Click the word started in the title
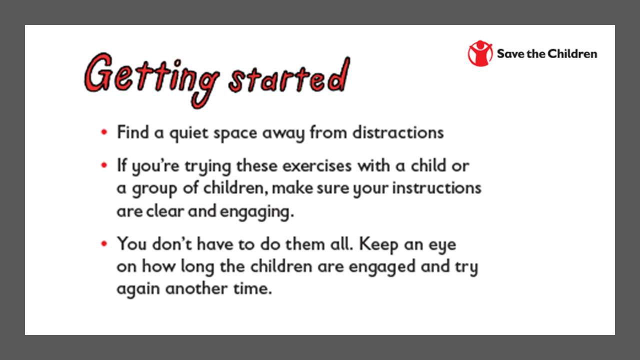(x=289, y=75)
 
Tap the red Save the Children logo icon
(x=480, y=53)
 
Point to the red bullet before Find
(x=104, y=132)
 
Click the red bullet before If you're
(x=104, y=165)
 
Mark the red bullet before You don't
(x=104, y=243)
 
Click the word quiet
(x=189, y=133)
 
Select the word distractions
(x=398, y=132)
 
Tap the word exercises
(x=317, y=165)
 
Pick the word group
(x=154, y=189)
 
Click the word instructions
(x=437, y=188)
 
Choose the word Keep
(x=378, y=245)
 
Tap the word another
(x=196, y=288)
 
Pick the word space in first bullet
(x=235, y=134)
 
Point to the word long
(x=197, y=267)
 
